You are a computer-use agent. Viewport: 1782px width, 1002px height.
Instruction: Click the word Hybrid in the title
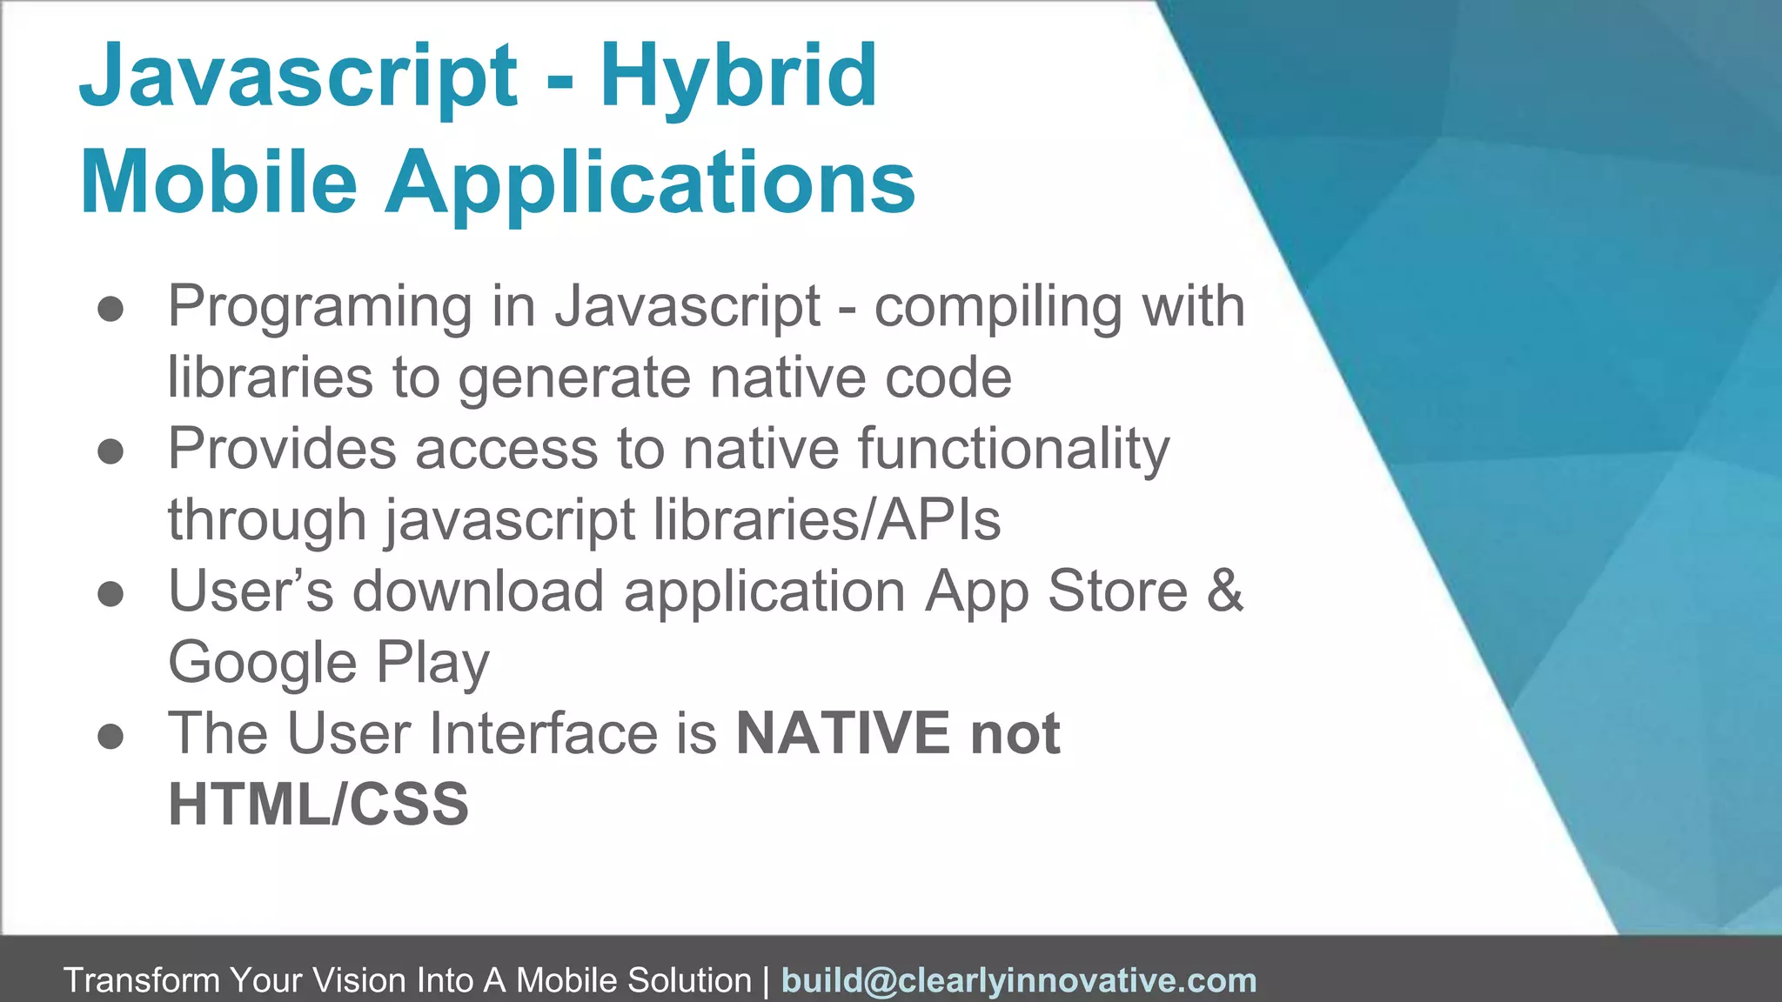[x=738, y=78]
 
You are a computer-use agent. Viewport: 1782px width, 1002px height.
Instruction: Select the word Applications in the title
[x=650, y=184]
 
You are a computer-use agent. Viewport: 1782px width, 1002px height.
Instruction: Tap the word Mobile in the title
[x=218, y=184]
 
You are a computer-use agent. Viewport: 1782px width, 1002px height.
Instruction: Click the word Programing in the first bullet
[x=319, y=308]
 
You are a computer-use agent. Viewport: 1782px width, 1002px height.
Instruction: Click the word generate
[x=574, y=379]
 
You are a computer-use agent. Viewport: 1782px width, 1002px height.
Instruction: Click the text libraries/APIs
[x=827, y=520]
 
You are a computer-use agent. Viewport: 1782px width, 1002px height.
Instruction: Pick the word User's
[x=251, y=591]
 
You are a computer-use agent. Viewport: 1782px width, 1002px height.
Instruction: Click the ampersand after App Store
[x=1225, y=591]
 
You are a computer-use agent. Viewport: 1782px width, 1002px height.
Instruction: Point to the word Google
[x=262, y=664]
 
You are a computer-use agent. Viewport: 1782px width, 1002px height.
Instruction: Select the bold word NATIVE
[x=842, y=733]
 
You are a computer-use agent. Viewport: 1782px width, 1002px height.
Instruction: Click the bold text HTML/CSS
[x=318, y=805]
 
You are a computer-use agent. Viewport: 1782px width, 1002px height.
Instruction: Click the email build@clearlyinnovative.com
[x=1019, y=980]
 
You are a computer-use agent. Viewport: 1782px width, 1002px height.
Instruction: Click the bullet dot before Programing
[x=111, y=310]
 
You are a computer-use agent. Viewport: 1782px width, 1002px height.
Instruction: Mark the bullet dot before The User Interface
[x=111, y=737]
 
